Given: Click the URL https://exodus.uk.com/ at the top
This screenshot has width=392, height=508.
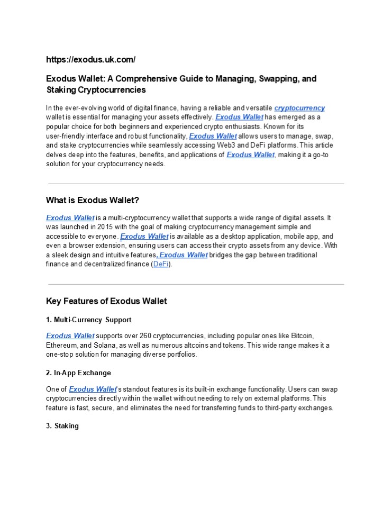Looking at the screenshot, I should point(90,59).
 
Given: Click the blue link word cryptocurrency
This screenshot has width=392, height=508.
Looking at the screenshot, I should point(299,108).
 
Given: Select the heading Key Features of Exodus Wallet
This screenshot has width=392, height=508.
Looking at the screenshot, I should point(106,301).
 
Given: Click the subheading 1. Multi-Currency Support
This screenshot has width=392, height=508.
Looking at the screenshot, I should point(88,320).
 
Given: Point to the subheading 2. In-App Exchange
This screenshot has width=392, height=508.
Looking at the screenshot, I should point(78,373).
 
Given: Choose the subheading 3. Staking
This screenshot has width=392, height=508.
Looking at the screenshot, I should point(62,425).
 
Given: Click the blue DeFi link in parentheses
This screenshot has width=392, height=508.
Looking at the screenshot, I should point(161,264).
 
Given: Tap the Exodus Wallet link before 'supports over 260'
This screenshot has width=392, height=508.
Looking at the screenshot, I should point(70,335).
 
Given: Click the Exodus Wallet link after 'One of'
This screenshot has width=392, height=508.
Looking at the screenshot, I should point(93,389).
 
